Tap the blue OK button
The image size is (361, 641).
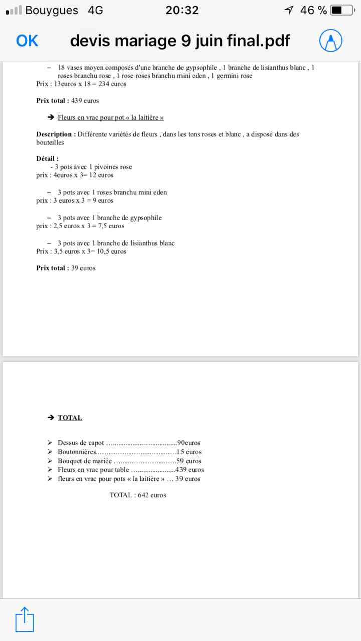tap(27, 41)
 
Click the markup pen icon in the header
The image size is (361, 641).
tap(331, 41)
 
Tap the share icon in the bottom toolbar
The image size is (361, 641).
tap(24, 619)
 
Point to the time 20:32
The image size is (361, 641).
tap(182, 10)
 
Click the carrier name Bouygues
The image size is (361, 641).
tap(51, 10)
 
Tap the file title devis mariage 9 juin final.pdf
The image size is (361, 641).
tap(179, 41)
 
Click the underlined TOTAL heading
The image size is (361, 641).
tap(70, 418)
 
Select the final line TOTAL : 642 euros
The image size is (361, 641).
tap(138, 495)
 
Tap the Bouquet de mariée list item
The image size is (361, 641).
tap(85, 461)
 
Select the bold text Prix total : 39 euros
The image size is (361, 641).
tap(66, 268)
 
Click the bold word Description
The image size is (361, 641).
tap(55, 134)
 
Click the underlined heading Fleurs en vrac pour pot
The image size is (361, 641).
tap(110, 117)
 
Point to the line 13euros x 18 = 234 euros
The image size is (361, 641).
tap(81, 84)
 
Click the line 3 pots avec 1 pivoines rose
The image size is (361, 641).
tap(91, 167)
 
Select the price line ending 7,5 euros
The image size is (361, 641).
tap(80, 226)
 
